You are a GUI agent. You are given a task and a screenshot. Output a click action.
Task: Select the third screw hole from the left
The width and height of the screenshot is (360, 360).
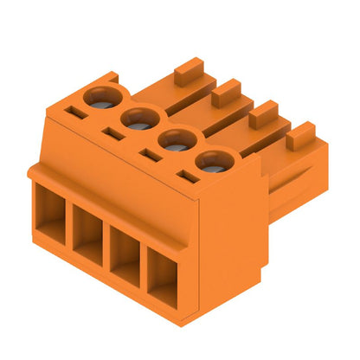[174, 140]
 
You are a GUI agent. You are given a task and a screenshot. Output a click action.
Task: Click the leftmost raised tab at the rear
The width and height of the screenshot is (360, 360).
[189, 70]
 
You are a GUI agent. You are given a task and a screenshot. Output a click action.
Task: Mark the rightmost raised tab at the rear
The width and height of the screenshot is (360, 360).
[301, 134]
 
